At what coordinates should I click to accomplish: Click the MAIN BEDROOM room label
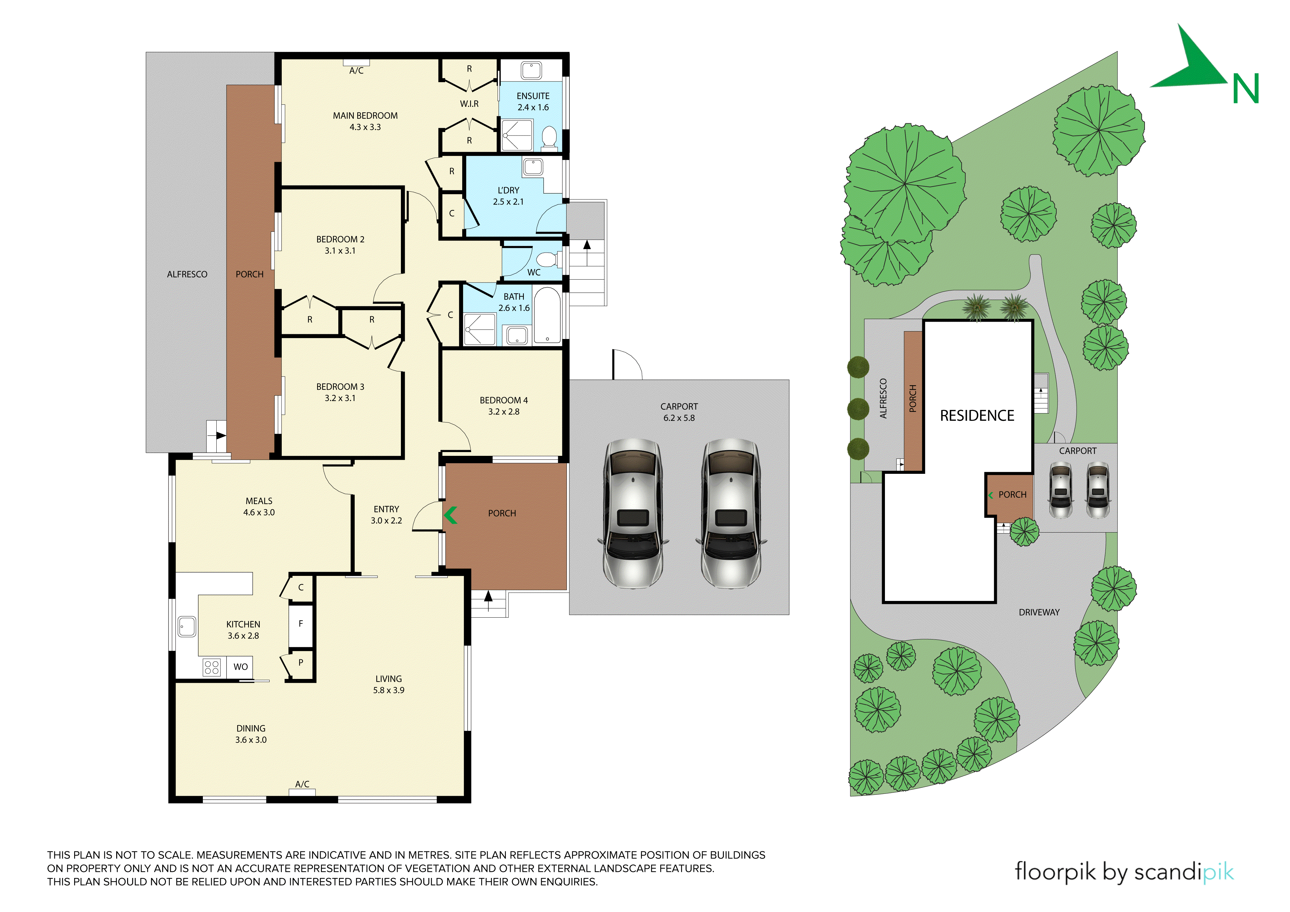[365, 116]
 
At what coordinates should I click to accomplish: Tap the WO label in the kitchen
[240, 667]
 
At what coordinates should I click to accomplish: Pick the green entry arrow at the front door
[451, 515]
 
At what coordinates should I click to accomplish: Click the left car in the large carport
[633, 514]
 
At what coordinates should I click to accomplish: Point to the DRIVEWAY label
[1039, 612]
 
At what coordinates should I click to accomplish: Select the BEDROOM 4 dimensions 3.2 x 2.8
[504, 412]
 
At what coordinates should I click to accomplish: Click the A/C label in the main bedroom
[356, 71]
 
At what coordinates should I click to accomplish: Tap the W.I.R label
[469, 104]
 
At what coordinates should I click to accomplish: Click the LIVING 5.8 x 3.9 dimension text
[389, 691]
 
